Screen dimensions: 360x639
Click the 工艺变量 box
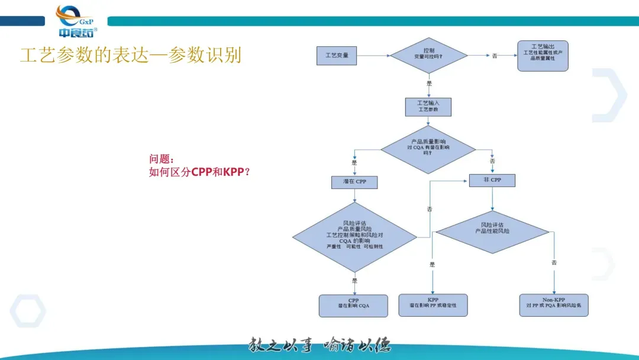tap(337, 56)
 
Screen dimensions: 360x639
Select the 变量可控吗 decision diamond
tap(429, 56)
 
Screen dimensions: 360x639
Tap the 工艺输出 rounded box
tap(543, 56)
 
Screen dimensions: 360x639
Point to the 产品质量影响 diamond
tap(428, 149)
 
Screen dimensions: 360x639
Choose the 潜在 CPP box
tap(354, 181)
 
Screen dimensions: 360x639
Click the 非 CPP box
tap(492, 180)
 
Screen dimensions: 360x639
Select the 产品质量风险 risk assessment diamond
tap(354, 237)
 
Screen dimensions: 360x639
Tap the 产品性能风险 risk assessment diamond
tap(492, 232)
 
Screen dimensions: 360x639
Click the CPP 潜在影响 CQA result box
tap(354, 306)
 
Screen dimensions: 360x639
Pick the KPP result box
tap(433, 306)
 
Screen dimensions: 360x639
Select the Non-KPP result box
tap(554, 306)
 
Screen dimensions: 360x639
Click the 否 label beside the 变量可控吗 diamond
tap(495, 56)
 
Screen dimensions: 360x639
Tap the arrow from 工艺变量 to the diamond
tap(373, 56)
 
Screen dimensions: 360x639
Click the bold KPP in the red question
tap(234, 172)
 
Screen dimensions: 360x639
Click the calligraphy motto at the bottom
tap(319, 345)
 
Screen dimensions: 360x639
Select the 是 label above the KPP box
tap(432, 265)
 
